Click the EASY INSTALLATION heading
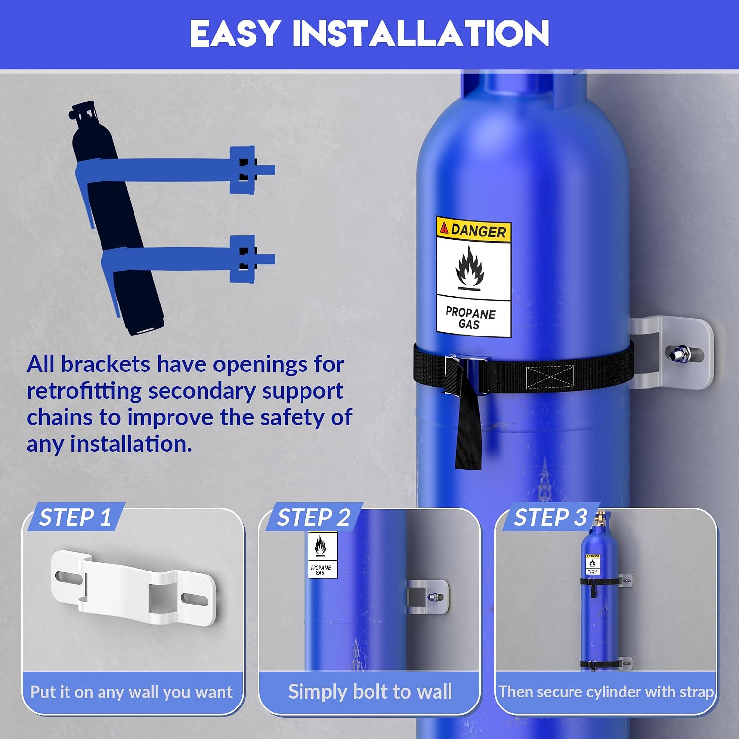click(x=369, y=34)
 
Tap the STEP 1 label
click(x=75, y=518)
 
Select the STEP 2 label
click(x=313, y=518)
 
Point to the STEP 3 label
click(x=550, y=518)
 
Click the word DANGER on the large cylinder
click(x=478, y=231)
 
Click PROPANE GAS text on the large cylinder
click(x=470, y=318)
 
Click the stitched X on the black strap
click(x=550, y=377)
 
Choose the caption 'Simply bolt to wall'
click(x=370, y=692)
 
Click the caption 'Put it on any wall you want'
click(x=131, y=692)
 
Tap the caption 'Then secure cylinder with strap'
click(x=606, y=692)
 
